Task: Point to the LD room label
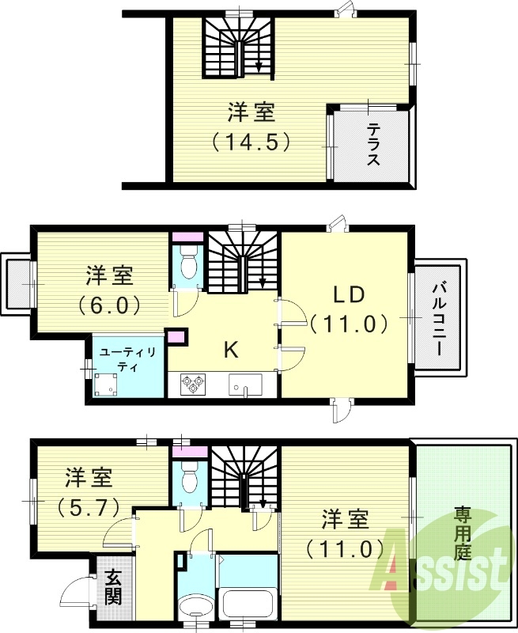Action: coord(347,295)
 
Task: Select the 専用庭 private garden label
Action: coord(463,533)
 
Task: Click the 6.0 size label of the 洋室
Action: coord(110,304)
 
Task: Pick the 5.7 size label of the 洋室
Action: coord(89,505)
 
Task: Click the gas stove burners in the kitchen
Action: coord(193,385)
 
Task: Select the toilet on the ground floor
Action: coord(189,479)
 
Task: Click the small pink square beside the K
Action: coord(176,336)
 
